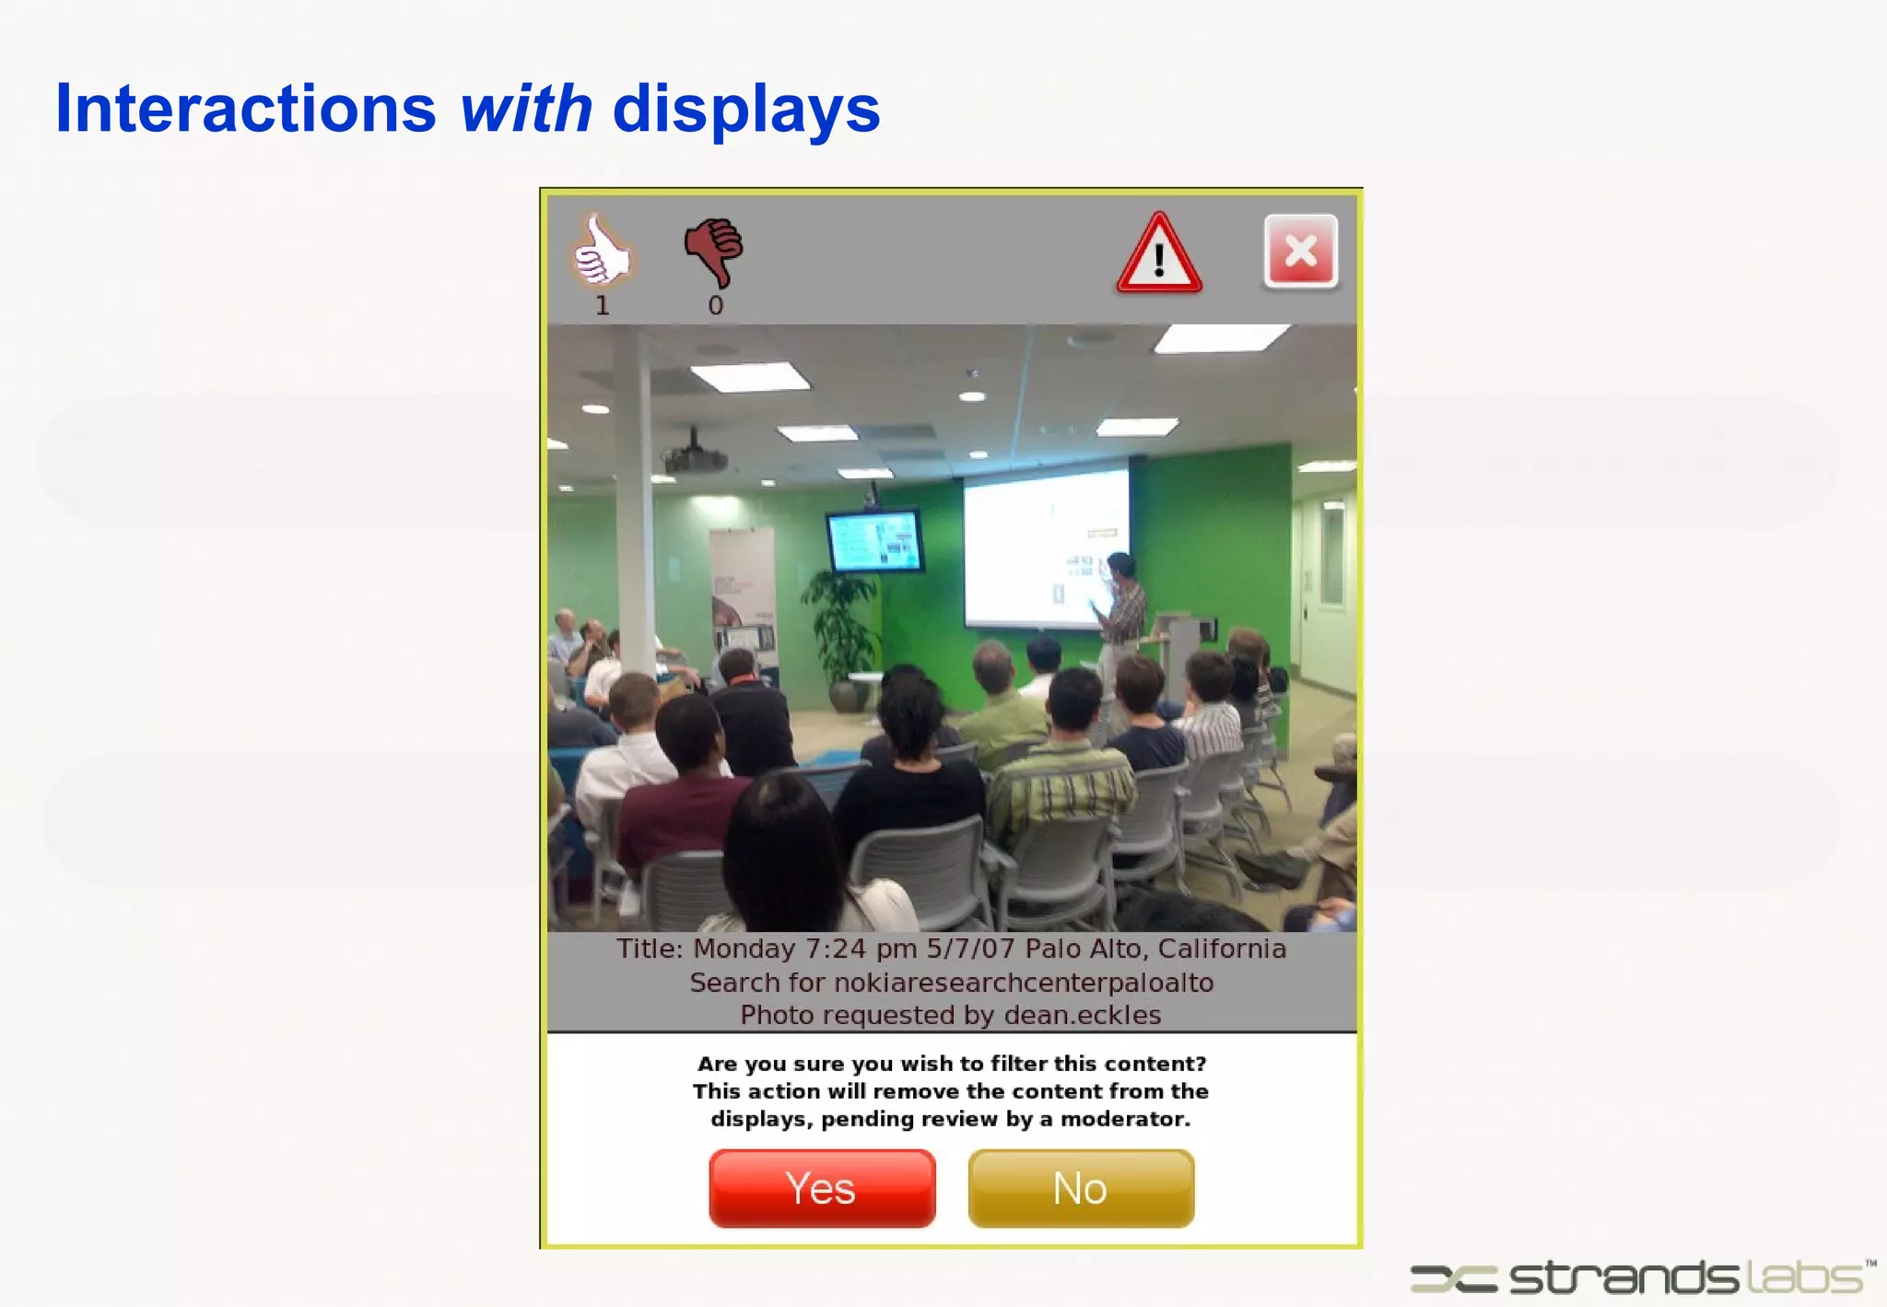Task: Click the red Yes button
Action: [x=822, y=1188]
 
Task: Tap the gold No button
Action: [x=1081, y=1188]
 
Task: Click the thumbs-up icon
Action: [x=602, y=251]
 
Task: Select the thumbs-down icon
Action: [x=714, y=251]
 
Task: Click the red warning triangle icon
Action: [x=1159, y=255]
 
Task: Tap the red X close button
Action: [x=1300, y=251]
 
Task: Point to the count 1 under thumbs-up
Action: [x=602, y=306]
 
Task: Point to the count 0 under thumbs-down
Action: [x=716, y=306]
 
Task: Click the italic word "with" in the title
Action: [x=526, y=109]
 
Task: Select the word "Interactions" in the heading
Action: [x=245, y=109]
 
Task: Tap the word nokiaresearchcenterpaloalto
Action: [x=1023, y=983]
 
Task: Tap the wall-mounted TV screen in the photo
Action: [x=874, y=540]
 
